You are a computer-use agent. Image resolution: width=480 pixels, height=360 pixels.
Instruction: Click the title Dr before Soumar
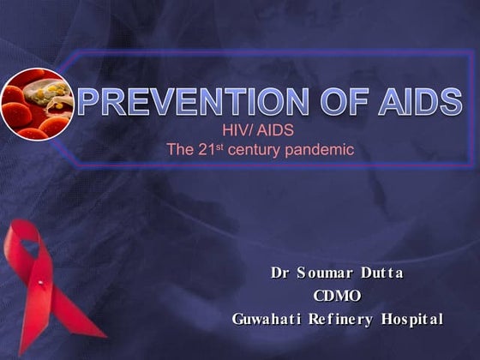[279, 273]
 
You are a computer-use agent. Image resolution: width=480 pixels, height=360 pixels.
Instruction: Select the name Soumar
[325, 273]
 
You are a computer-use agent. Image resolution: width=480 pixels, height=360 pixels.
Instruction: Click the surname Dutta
[380, 273]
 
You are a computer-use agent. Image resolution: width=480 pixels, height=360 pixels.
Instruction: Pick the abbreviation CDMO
[337, 296]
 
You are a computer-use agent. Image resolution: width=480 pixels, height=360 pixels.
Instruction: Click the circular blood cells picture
[35, 103]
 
